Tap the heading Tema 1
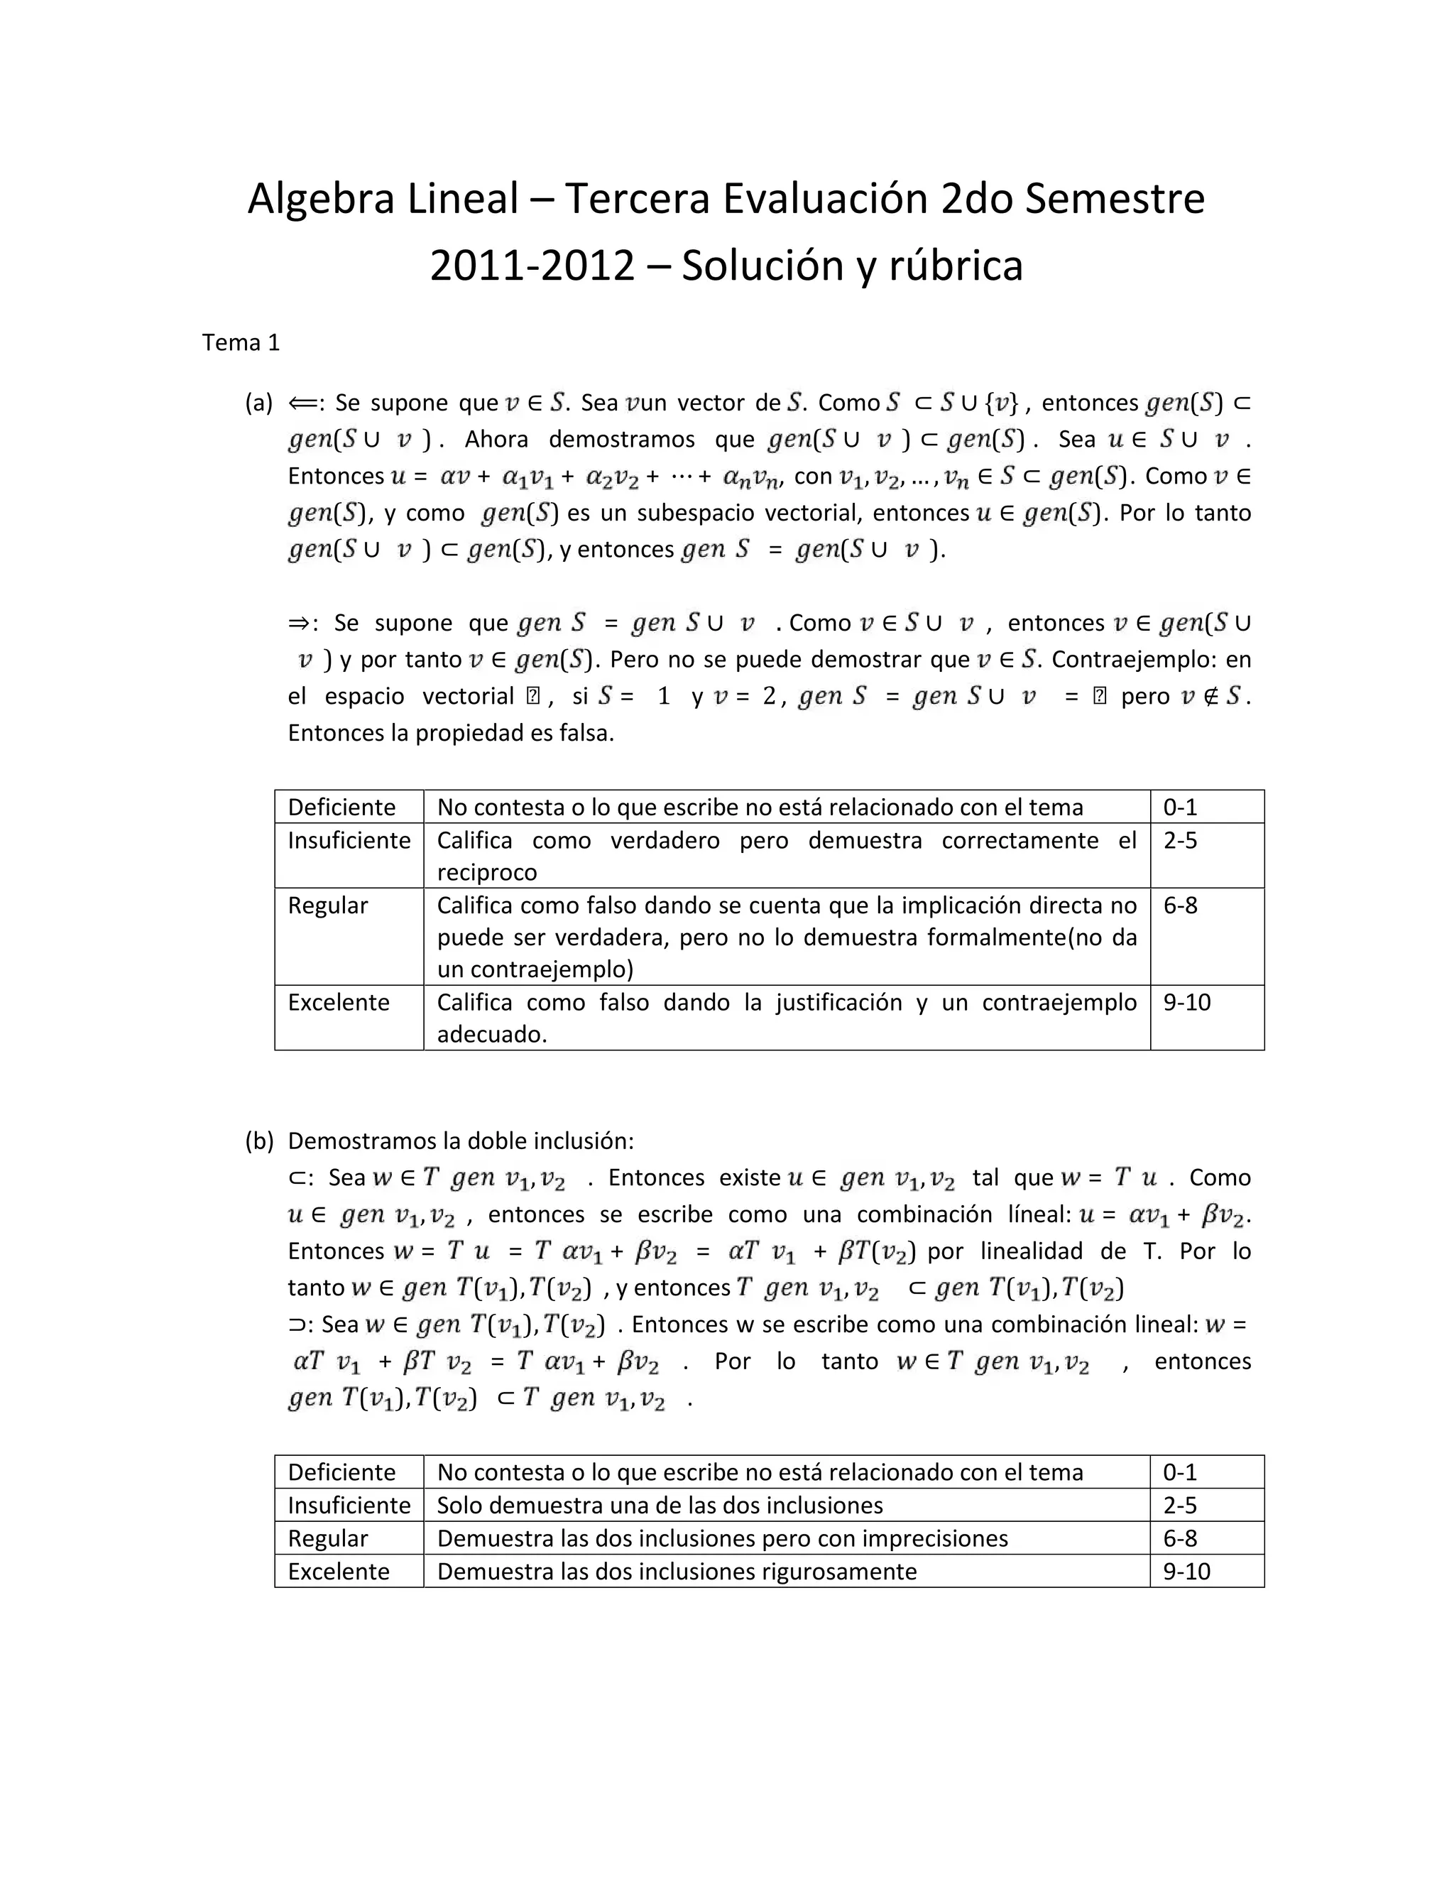(241, 343)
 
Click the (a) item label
(258, 403)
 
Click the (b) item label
(258, 1141)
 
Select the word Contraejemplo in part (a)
(1126, 660)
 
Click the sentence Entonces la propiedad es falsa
(451, 734)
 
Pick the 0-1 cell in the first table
(1179, 807)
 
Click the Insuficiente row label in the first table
(349, 840)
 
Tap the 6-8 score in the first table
(1179, 905)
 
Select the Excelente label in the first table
(339, 1002)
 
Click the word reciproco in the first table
(486, 873)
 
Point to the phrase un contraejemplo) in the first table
(535, 969)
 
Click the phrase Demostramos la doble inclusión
(460, 1141)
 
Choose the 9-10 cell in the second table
(1186, 1571)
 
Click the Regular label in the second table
(327, 1538)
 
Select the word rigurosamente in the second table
(838, 1571)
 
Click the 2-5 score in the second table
(1179, 1506)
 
